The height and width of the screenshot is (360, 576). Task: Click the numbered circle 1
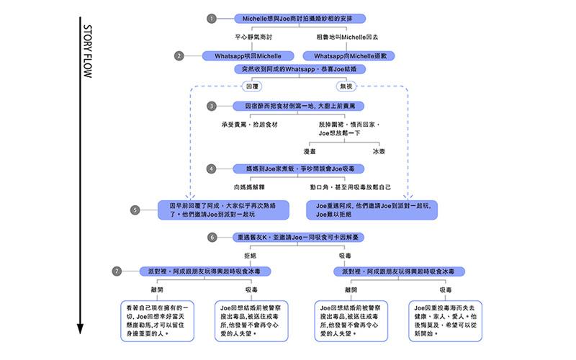pos(211,18)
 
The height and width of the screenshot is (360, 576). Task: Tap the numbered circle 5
pos(135,210)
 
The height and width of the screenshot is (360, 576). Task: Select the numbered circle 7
pos(117,271)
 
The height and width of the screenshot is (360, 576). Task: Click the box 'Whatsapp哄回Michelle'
pos(248,55)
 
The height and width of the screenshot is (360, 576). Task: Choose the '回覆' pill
pos(252,86)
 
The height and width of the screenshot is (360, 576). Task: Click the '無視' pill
pos(346,86)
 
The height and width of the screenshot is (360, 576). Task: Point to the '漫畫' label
pos(311,151)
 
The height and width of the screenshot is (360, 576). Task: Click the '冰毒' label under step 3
pos(379,151)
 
